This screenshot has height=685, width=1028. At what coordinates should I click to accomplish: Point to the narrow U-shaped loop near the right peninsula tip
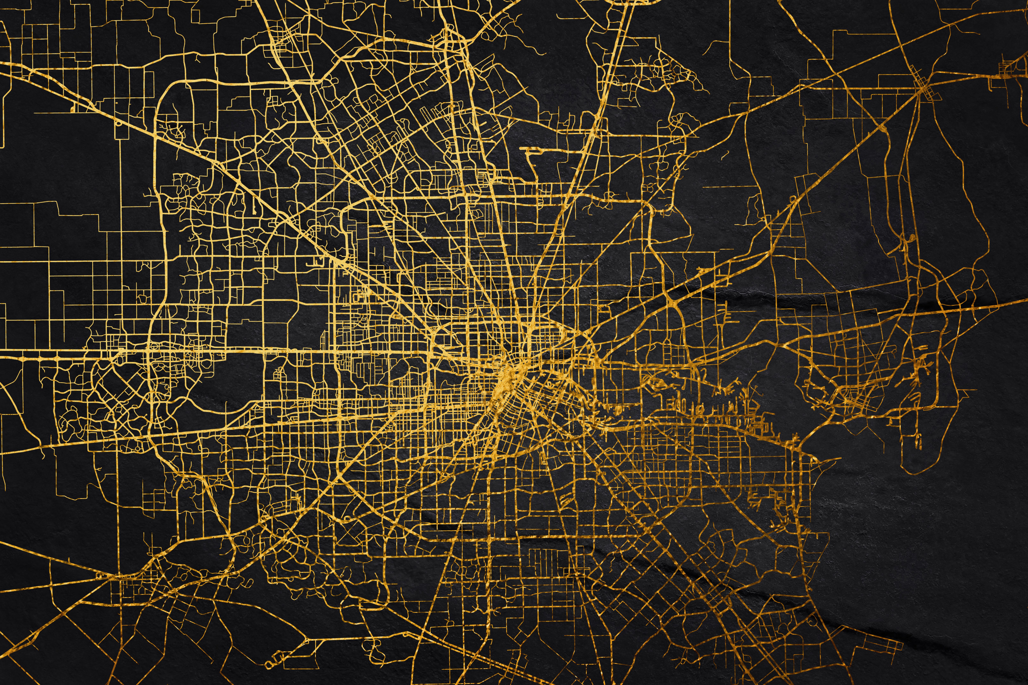tap(918, 441)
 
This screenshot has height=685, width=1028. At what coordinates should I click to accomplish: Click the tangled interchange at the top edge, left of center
tap(450, 39)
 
